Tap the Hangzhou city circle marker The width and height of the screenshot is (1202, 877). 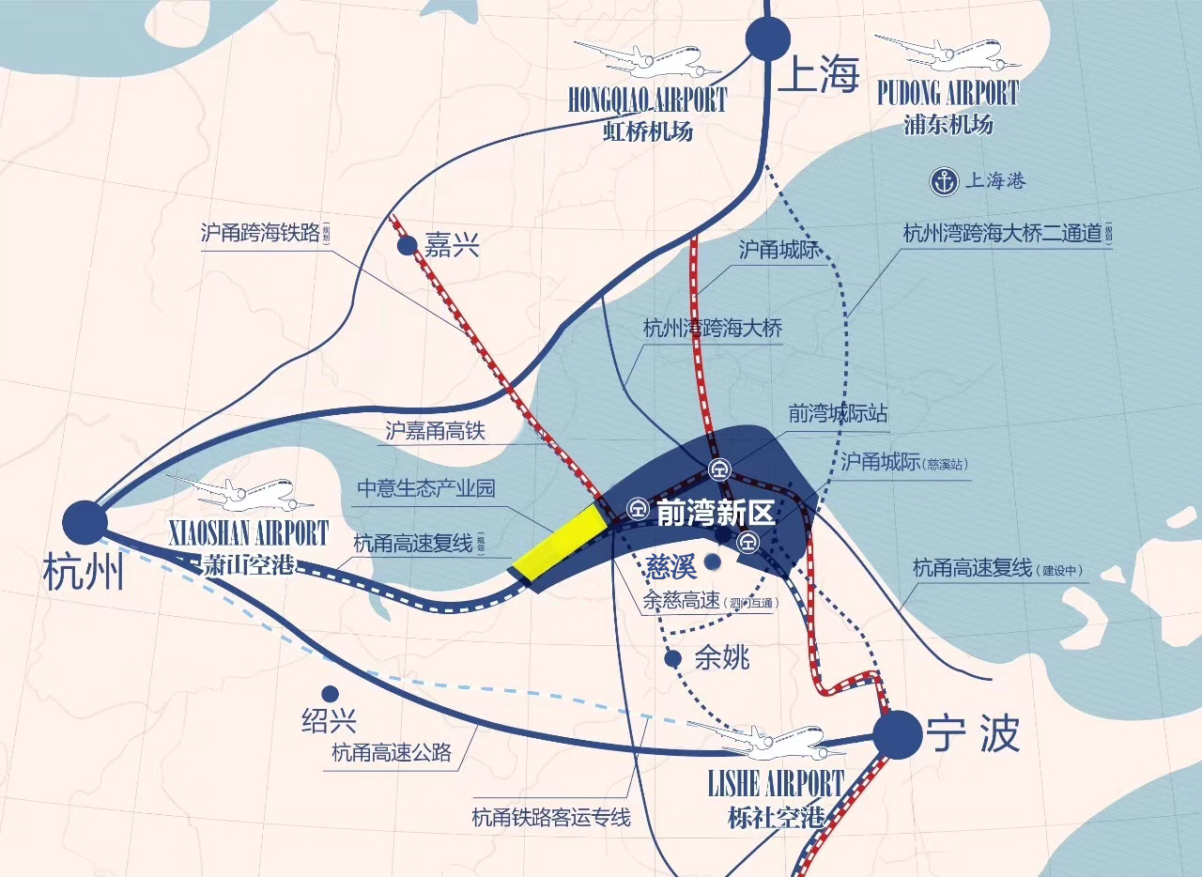click(x=85, y=521)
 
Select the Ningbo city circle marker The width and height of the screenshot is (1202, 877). click(x=897, y=734)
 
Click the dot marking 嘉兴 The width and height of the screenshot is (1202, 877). click(x=407, y=246)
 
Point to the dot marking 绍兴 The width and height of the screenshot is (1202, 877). click(x=330, y=694)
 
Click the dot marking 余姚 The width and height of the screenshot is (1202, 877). click(x=672, y=659)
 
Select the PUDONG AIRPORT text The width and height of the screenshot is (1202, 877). click(x=948, y=94)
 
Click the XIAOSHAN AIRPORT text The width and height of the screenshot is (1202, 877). click(x=248, y=535)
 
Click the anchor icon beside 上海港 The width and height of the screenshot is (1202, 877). click(x=943, y=182)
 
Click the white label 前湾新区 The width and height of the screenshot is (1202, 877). click(x=715, y=514)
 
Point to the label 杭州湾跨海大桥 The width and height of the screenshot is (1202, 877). click(x=713, y=329)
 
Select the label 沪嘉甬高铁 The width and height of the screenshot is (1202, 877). click(x=434, y=431)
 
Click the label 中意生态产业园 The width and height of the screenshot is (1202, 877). click(x=425, y=488)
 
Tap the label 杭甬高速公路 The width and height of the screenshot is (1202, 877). click(x=392, y=752)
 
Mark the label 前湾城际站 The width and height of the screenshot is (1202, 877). click(x=839, y=413)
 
